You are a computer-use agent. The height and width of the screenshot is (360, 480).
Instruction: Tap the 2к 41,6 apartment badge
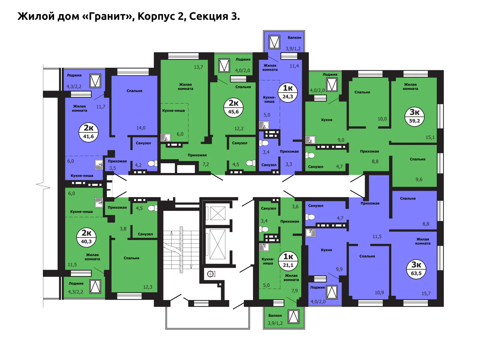click(x=88, y=132)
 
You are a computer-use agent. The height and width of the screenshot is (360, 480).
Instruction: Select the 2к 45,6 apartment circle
click(x=233, y=107)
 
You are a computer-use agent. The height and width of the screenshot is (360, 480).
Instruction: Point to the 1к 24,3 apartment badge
click(x=288, y=92)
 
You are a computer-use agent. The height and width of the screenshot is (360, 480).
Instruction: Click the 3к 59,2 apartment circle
click(x=414, y=116)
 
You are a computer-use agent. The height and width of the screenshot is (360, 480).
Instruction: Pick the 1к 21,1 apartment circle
click(x=288, y=261)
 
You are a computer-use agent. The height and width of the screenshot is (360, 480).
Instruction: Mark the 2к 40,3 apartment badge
click(x=86, y=237)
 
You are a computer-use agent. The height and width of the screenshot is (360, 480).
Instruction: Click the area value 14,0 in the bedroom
click(x=141, y=128)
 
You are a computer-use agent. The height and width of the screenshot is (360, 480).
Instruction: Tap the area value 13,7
click(x=198, y=67)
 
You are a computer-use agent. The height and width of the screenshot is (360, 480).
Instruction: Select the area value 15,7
click(x=426, y=294)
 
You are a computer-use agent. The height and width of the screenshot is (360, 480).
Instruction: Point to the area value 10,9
click(x=379, y=293)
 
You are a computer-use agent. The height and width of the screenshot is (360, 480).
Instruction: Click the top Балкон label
click(x=294, y=37)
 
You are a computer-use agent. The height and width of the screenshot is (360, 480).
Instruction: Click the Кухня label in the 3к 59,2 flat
click(x=326, y=120)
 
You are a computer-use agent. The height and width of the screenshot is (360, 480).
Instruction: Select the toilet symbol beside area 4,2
click(x=152, y=163)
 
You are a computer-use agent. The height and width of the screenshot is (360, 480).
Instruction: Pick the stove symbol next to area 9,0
click(x=310, y=140)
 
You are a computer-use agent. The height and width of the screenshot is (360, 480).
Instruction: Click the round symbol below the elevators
click(x=211, y=274)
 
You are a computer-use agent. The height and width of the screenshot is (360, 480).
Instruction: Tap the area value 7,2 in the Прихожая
click(x=205, y=164)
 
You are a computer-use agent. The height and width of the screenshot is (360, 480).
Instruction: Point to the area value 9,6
click(x=419, y=180)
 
